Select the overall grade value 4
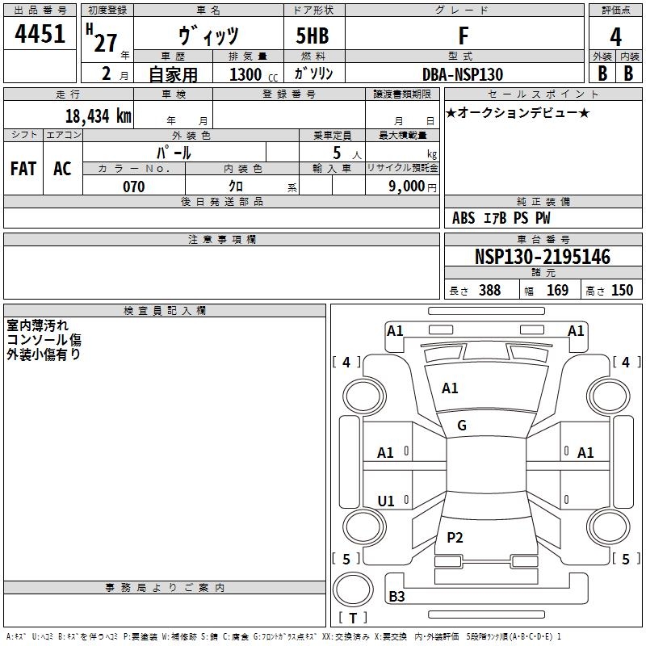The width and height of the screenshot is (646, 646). tap(616, 37)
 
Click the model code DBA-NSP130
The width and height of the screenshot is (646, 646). tap(463, 74)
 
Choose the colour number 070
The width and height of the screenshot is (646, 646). tap(133, 187)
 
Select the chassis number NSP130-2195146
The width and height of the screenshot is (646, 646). tap(542, 257)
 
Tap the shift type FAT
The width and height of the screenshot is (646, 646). tap(23, 169)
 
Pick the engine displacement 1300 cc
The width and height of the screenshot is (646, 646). tap(250, 74)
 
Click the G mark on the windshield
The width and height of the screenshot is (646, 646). tap(462, 426)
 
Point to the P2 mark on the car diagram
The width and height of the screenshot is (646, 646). tap(455, 537)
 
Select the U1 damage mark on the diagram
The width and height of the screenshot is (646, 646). tap(386, 501)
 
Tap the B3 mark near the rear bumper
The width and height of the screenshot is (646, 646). tap(397, 597)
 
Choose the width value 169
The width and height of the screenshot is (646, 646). tap(558, 291)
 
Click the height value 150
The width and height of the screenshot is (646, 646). tap(622, 291)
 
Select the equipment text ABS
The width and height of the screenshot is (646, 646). tap(464, 218)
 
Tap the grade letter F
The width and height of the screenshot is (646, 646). tap(463, 37)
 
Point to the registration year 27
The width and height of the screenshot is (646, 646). tap(105, 43)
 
